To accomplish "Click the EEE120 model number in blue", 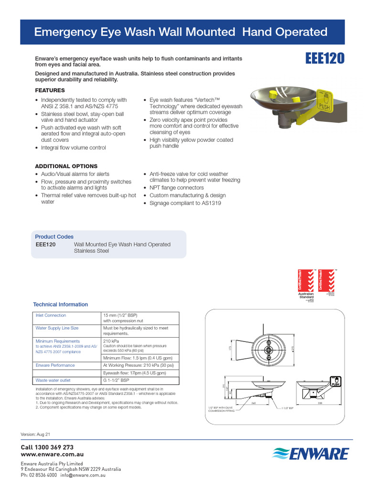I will [324, 58].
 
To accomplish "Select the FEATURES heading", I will [50, 90].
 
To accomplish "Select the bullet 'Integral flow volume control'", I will [73, 148].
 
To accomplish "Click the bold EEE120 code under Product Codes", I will [46, 244].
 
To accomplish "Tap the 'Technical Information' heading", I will [60, 304].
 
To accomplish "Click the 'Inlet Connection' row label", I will [51, 316].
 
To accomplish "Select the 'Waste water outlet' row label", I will [53, 381].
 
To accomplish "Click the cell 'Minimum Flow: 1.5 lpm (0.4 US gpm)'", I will [138, 358].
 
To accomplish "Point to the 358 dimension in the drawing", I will [320, 403].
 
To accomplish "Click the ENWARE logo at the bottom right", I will [311, 454].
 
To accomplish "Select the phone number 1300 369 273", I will [47, 447].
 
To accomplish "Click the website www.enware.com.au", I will [53, 454].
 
